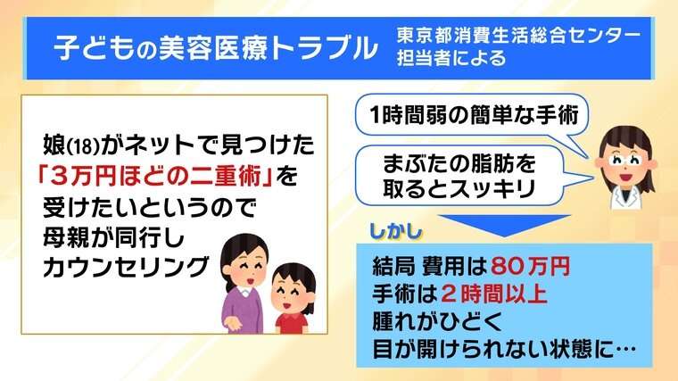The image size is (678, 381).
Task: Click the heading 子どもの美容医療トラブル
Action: tap(216, 47)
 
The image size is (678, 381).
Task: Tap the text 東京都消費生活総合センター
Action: tap(518, 36)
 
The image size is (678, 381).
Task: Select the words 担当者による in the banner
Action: tap(451, 58)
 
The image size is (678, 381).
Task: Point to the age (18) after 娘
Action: tap(84, 147)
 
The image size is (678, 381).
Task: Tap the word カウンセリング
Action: tap(126, 267)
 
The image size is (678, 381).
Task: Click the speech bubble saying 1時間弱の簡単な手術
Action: tap(473, 115)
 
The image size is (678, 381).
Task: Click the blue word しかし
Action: tap(395, 231)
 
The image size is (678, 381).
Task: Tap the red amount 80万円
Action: tap(530, 267)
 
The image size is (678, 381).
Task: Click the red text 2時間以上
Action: tap(494, 294)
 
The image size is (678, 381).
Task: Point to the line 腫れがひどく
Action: tap(437, 321)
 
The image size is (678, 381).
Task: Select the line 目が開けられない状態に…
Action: tap(504, 349)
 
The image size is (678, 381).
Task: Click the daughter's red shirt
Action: tap(293, 324)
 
